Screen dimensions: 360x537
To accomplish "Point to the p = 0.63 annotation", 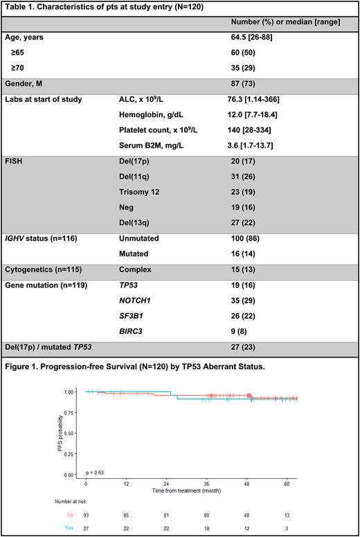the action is coord(96,473).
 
